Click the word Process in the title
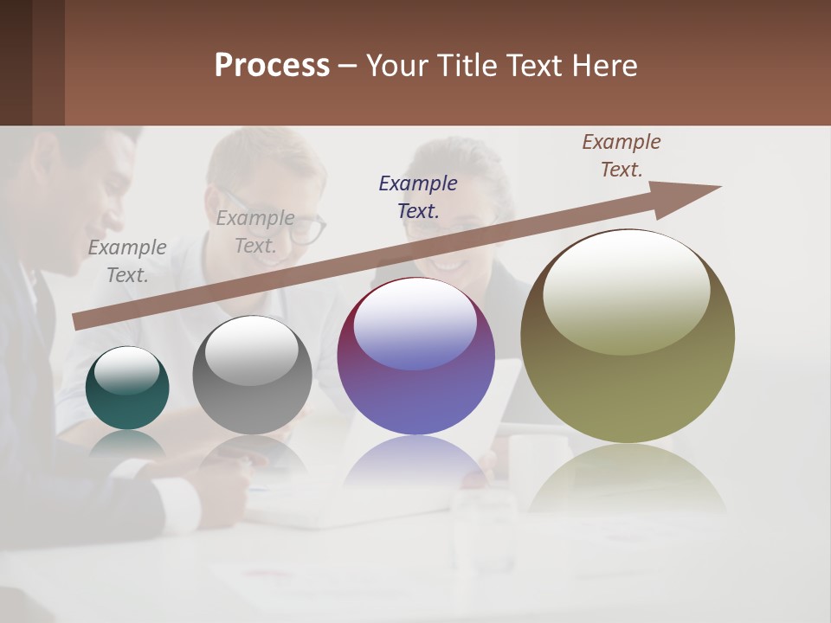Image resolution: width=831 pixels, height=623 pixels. click(x=272, y=66)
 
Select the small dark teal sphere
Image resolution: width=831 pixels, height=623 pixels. click(x=127, y=389)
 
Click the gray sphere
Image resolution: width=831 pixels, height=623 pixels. click(x=252, y=376)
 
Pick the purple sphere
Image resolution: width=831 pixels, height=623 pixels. click(x=415, y=356)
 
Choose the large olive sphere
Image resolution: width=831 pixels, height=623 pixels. click(x=628, y=337)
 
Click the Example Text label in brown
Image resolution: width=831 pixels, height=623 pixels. click(x=622, y=156)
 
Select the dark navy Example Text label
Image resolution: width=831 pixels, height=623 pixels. click(x=418, y=196)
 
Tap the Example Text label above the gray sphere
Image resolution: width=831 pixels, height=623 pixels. click(x=255, y=232)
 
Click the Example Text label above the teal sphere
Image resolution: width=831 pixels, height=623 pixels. click(x=127, y=260)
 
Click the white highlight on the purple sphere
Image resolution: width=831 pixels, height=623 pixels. click(x=415, y=323)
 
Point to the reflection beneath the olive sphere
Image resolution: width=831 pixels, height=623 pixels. click(x=627, y=476)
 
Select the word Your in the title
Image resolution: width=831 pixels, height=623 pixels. click(x=395, y=66)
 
